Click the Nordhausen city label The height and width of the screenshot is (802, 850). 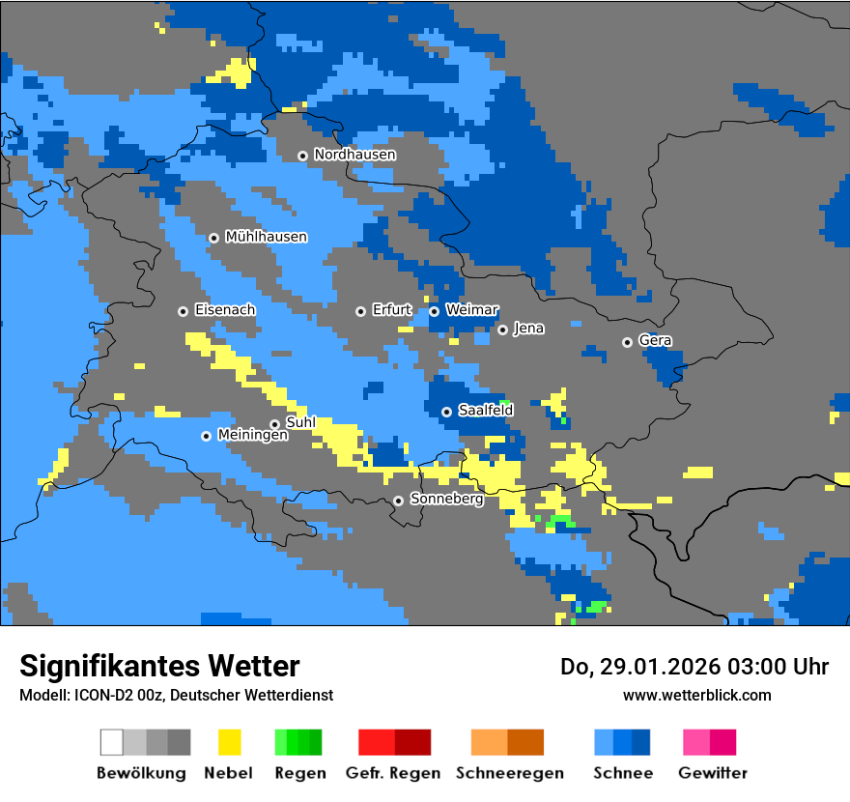(x=354, y=155)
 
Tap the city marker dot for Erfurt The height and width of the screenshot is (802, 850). (x=360, y=311)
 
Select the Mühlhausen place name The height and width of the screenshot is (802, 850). (x=266, y=237)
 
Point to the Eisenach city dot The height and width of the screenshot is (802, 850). (x=183, y=311)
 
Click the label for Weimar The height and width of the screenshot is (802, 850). (x=471, y=310)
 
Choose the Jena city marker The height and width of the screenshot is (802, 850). (x=502, y=329)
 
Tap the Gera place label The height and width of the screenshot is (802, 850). (x=655, y=341)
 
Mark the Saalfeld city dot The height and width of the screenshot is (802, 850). (x=446, y=412)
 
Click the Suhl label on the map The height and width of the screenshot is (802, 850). (x=300, y=423)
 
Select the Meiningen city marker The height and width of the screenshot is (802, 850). (x=206, y=436)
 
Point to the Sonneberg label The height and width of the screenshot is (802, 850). (x=446, y=500)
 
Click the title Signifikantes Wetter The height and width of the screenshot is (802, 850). (x=159, y=666)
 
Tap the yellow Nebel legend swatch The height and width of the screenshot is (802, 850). (x=230, y=742)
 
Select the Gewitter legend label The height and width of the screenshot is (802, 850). (x=713, y=773)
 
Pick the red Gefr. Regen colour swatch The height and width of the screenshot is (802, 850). (x=377, y=742)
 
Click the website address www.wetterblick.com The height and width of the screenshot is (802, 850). (x=696, y=695)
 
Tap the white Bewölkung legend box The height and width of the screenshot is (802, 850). (x=112, y=742)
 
